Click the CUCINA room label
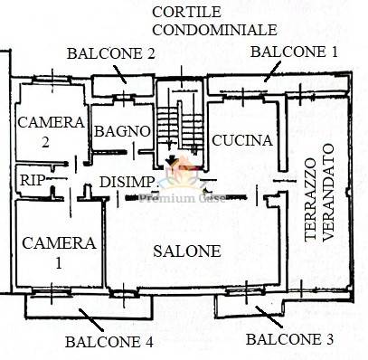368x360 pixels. [242, 140]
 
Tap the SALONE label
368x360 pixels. [187, 251]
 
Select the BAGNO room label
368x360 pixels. [122, 131]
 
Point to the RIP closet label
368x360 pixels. [32, 180]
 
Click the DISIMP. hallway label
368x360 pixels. [128, 182]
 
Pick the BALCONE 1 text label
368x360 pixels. [294, 52]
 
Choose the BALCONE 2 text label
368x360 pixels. [111, 53]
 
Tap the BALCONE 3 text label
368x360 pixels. [290, 339]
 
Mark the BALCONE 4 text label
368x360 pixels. [109, 342]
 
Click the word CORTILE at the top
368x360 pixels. [186, 12]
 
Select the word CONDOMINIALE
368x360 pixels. [215, 30]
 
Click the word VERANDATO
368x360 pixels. [328, 193]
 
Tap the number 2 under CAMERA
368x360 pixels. [45, 142]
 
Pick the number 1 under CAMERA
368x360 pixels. [59, 263]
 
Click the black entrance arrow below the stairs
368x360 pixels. [171, 159]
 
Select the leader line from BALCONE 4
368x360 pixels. [91, 320]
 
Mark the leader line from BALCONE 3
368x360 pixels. [269, 317]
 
